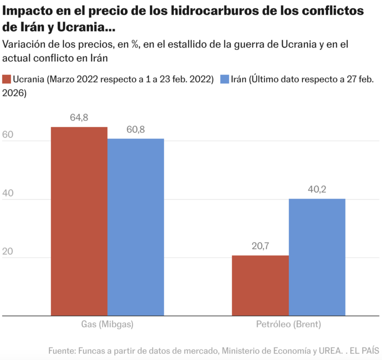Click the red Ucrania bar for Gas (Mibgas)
tap(79, 221)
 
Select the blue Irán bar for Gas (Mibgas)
tap(136, 227)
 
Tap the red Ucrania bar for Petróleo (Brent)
tap(260, 285)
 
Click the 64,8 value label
tap(79, 118)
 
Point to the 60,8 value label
tap(136, 130)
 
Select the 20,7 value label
tap(260, 246)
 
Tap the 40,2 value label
tap(317, 190)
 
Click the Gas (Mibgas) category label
tap(107, 324)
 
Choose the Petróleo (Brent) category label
tap(288, 324)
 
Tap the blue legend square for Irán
tap(224, 80)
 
